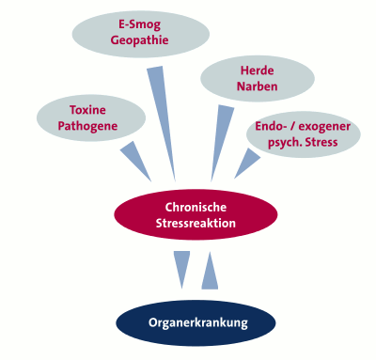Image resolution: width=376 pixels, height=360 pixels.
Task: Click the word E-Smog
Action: point(139,25)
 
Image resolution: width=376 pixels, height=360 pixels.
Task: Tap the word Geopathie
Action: point(139,40)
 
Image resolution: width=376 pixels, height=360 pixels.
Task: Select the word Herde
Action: point(257,70)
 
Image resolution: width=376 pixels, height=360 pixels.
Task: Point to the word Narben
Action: point(257,86)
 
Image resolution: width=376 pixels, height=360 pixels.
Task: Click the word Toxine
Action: point(87,110)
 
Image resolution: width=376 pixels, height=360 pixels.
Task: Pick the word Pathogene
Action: point(87,126)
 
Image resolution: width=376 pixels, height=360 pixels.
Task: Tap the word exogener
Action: point(324,127)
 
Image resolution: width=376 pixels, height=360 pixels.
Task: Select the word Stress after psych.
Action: point(321,142)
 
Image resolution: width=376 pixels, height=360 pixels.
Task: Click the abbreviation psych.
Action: point(285,143)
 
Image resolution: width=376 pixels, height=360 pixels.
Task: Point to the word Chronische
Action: point(196,207)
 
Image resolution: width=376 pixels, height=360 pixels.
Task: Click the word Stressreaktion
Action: point(196,224)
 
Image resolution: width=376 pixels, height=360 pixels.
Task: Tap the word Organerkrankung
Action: point(198,323)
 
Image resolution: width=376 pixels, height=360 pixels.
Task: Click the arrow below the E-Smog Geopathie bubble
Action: point(162,123)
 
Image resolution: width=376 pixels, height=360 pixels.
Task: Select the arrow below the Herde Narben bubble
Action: point(222,143)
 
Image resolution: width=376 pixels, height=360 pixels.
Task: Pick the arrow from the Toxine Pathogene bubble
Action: point(135,161)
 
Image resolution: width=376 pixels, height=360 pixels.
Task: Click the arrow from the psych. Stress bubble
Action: point(247,164)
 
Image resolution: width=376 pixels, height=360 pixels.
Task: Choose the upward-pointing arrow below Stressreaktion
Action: point(210,270)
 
